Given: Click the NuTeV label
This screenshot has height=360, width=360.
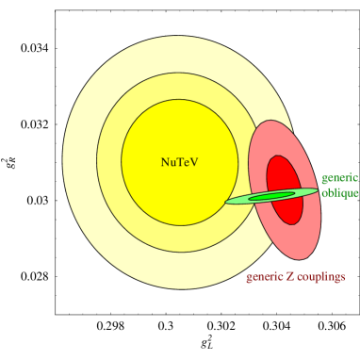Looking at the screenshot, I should tap(179, 162).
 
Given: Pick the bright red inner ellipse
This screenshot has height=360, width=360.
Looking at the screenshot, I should tap(283, 174).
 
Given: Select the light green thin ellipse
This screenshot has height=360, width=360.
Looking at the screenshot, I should tap(240, 199).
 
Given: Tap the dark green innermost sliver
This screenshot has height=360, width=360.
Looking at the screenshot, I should tap(272, 196).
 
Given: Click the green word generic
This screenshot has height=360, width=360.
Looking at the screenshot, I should tap(339, 177).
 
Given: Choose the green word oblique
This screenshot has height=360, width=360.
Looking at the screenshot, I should tap(339, 193).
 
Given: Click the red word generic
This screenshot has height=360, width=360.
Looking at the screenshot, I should tap(265, 277).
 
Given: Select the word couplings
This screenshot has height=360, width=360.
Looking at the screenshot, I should tap(320, 277).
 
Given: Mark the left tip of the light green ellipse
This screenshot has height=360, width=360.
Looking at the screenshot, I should tap(227, 201).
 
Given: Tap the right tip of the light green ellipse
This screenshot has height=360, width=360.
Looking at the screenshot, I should tap(317, 191).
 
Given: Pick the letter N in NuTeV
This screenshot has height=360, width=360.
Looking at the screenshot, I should tap(165, 162).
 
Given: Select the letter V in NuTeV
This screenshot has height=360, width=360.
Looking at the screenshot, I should tap(194, 162).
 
